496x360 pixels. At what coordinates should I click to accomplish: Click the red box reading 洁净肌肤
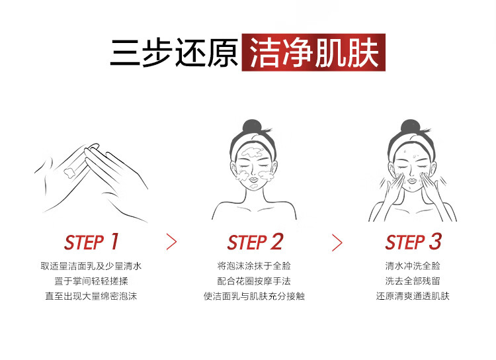click(313, 52)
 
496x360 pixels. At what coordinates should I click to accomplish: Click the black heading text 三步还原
click(175, 52)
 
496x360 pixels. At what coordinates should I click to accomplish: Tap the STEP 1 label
click(91, 242)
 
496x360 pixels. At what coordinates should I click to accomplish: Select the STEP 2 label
click(255, 242)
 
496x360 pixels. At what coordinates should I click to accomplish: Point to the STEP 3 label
click(413, 242)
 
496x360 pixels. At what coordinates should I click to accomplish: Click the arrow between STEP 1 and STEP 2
click(171, 242)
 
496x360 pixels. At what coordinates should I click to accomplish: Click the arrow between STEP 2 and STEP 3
click(337, 243)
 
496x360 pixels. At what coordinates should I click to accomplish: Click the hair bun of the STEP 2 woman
click(252, 126)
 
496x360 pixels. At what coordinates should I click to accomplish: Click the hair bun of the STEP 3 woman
click(410, 126)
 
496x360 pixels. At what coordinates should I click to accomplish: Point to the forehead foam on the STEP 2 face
click(253, 153)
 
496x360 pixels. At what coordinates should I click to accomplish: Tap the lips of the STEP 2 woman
click(253, 180)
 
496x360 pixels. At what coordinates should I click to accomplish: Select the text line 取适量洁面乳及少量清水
click(91, 266)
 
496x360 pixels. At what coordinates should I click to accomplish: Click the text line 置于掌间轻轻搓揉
click(91, 281)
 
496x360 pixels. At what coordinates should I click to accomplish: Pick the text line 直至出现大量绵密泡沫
click(91, 296)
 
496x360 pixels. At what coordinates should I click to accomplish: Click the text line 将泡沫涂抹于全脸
click(254, 266)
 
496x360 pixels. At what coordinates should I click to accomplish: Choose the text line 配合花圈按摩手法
click(254, 281)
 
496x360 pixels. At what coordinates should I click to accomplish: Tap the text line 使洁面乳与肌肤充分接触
click(254, 296)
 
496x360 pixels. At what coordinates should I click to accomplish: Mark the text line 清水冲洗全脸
click(413, 266)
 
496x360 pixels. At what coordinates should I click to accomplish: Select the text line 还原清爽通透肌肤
click(413, 296)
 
